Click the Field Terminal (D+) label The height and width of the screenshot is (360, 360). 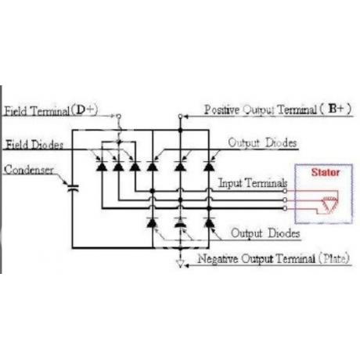51,110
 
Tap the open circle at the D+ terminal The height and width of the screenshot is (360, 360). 118,116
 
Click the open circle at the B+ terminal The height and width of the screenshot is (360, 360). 180,116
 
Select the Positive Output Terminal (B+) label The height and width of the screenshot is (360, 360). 278,110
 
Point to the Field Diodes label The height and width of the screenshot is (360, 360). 34,145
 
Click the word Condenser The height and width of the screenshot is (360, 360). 29,170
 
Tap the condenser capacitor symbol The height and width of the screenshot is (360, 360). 73,189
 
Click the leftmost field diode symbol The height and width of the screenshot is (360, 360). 102,166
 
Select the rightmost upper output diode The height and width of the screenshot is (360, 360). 209,166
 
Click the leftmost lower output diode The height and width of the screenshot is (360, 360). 152,222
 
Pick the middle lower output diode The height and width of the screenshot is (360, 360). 180,222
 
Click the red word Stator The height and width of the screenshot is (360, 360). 326,172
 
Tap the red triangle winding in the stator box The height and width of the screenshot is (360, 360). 329,204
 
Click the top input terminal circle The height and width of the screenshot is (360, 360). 285,191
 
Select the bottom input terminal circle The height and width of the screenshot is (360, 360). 285,208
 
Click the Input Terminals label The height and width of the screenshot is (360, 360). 253,183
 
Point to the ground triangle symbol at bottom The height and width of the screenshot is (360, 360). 180,264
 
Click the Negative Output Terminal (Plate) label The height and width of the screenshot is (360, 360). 273,259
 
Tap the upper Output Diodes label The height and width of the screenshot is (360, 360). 262,142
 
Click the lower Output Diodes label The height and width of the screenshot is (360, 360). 265,233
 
